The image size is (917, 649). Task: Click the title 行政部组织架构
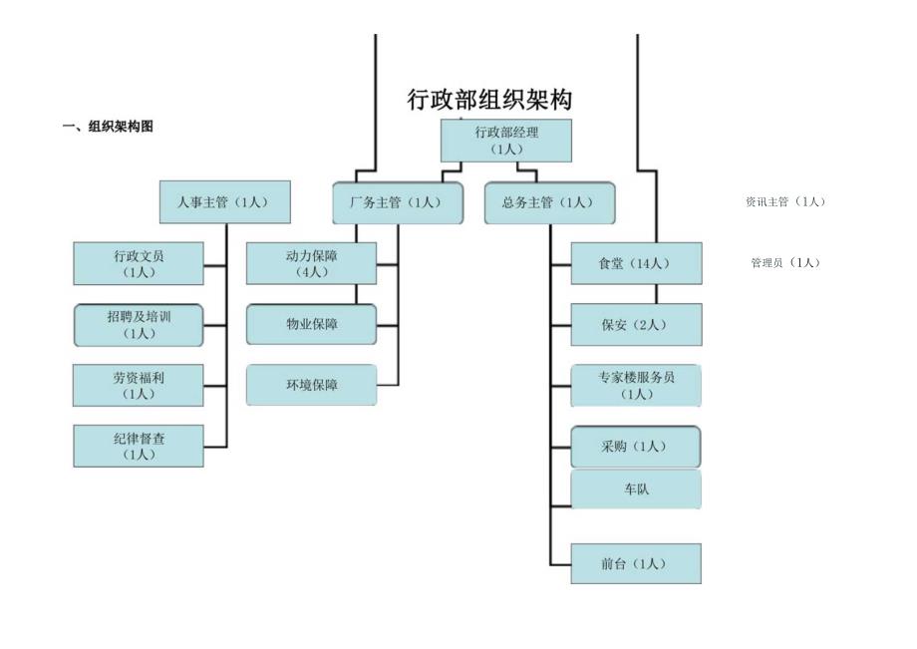click(x=490, y=100)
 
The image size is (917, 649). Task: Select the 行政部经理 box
click(x=506, y=141)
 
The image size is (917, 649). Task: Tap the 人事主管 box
click(x=224, y=201)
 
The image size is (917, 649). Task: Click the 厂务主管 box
click(x=398, y=202)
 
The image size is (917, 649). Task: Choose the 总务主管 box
click(x=549, y=202)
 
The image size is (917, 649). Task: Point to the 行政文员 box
click(x=139, y=263)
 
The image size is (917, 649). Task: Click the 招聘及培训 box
click(x=139, y=325)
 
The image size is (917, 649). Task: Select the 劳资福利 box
click(x=139, y=385)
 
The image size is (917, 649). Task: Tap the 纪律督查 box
click(x=139, y=446)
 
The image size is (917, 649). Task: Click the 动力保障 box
click(x=312, y=263)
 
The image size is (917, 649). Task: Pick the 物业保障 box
click(x=312, y=324)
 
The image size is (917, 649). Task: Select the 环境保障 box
click(x=312, y=385)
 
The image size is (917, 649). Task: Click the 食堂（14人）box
click(x=635, y=263)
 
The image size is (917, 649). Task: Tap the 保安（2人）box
click(x=635, y=324)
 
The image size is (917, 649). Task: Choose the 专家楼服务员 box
click(x=635, y=386)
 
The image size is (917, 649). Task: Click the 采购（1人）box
click(x=635, y=446)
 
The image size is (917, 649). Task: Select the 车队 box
click(x=635, y=488)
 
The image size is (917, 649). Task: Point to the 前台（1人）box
click(x=635, y=563)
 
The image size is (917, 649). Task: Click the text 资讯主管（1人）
click(x=785, y=201)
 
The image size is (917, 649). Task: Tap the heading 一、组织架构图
click(x=108, y=127)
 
